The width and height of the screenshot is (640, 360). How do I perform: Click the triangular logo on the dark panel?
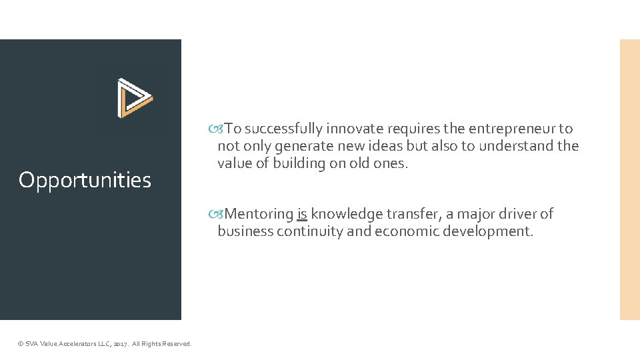click(135, 98)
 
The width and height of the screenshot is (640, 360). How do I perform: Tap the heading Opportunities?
click(85, 180)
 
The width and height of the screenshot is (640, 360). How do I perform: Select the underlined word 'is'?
click(302, 214)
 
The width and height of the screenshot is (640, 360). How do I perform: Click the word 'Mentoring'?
click(259, 214)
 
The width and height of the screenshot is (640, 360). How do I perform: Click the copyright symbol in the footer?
click(20, 344)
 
